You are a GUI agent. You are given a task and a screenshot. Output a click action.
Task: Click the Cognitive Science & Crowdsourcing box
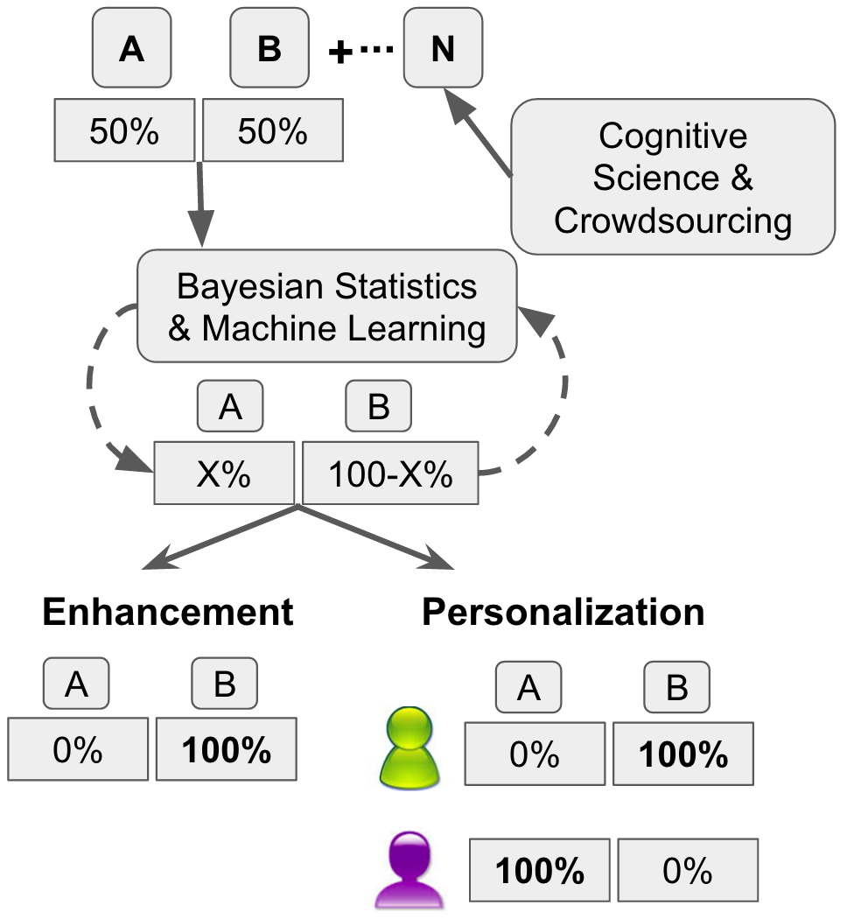coord(673,178)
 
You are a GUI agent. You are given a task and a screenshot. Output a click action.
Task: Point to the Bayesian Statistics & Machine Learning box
coord(326,306)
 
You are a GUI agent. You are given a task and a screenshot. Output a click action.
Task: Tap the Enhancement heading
coord(168,613)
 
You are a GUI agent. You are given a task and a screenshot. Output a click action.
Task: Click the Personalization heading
coord(563,613)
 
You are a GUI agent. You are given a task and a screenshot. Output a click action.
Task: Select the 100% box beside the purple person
coord(541,871)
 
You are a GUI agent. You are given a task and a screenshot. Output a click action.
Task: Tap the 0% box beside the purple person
coord(689,871)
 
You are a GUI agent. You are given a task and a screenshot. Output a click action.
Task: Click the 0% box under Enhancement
coord(78,751)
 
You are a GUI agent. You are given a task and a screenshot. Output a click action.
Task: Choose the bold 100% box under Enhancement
coord(226,751)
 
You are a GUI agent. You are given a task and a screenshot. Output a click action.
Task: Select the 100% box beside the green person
coord(683,755)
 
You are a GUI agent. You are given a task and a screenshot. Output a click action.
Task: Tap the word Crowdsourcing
coord(673,221)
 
